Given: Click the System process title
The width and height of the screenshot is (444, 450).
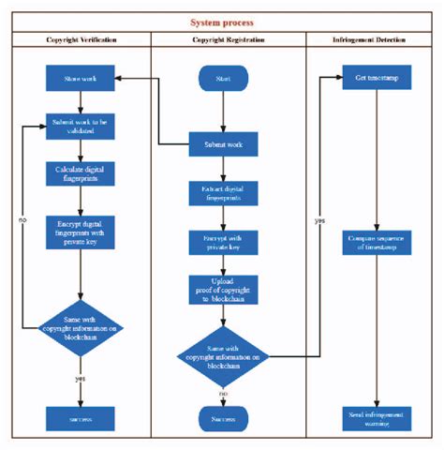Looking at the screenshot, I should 222,22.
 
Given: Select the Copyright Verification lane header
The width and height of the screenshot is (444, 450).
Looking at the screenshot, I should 81,40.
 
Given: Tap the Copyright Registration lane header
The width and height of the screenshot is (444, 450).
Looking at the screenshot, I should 229,40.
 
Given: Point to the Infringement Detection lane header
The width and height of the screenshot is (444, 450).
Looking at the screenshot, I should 375,40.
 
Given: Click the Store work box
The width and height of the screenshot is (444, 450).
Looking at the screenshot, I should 81,79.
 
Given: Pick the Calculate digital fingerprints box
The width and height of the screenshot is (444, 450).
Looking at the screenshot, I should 81,174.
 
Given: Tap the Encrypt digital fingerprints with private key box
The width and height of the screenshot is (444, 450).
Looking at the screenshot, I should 81,232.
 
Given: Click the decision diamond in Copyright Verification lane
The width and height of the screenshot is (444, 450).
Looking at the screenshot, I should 81,323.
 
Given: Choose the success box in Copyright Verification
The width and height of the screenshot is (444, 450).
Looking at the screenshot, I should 81,417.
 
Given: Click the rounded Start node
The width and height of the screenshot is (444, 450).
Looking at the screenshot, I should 223,79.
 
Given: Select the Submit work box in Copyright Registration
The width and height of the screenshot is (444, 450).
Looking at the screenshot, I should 223,144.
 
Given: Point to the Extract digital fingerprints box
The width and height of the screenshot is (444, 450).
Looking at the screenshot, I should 223,193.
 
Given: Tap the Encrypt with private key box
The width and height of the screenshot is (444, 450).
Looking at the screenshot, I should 223,243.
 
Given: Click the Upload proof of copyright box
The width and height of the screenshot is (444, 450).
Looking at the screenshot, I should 223,291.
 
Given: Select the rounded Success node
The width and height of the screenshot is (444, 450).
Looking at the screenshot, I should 223,417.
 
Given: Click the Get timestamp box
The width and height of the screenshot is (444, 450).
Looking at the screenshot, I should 376,79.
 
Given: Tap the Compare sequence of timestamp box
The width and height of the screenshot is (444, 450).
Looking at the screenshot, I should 376,242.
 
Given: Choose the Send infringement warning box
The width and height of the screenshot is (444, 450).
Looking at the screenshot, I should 376,417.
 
